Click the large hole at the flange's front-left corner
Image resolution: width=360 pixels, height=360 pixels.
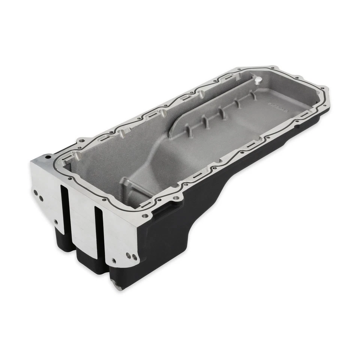coord(48,157)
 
